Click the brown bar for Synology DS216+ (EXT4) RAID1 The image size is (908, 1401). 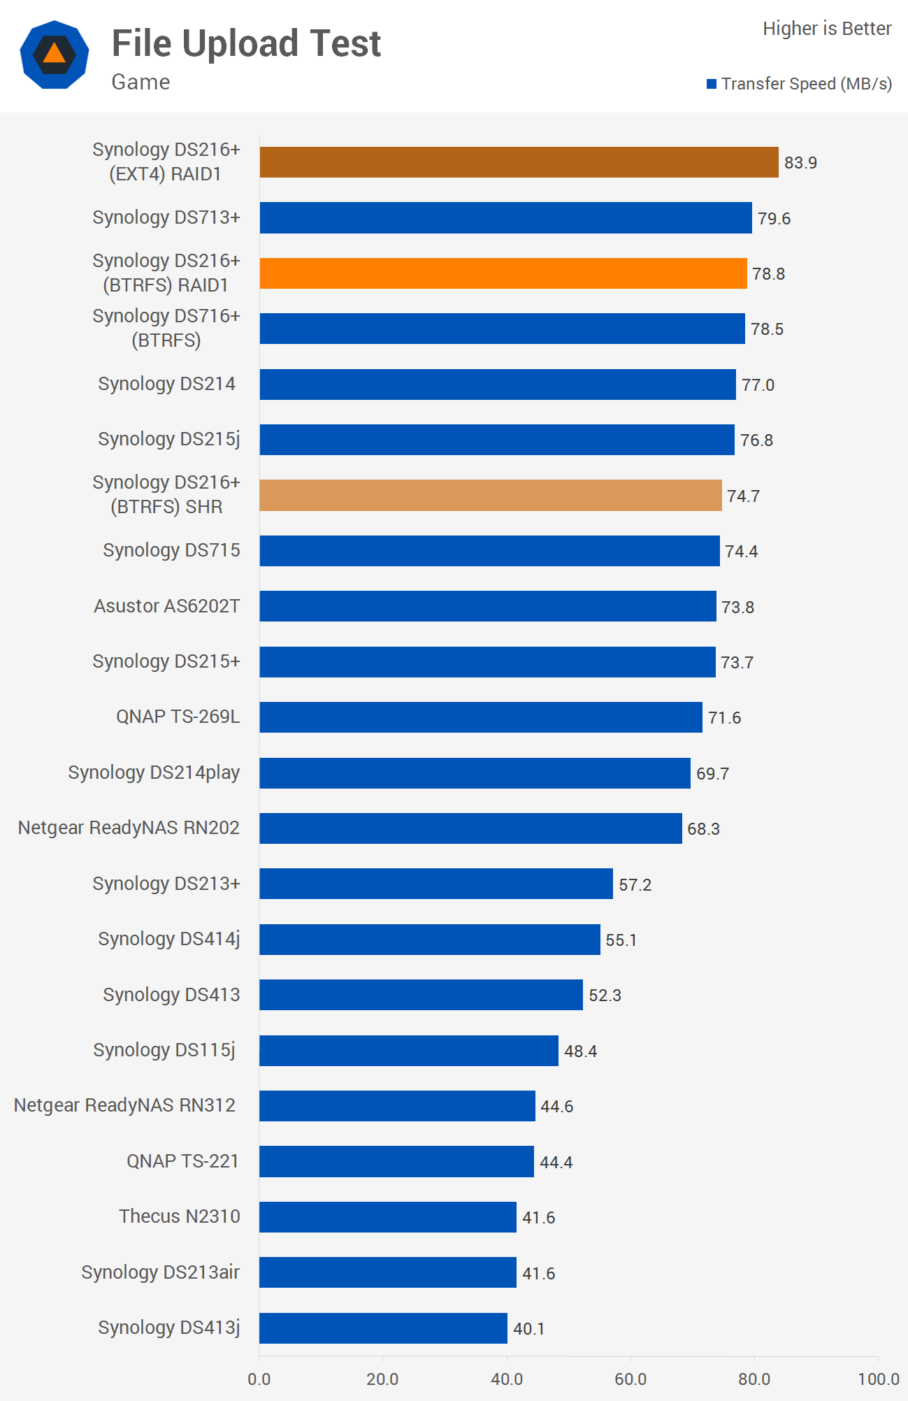[x=519, y=162]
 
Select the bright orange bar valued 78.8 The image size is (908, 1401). [x=503, y=273]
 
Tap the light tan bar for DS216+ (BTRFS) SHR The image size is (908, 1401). [x=490, y=496]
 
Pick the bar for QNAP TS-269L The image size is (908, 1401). [x=481, y=717]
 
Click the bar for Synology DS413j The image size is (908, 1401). [x=383, y=1328]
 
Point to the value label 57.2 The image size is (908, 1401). [x=635, y=885]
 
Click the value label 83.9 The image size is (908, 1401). [x=800, y=163]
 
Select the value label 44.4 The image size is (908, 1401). [x=556, y=1163]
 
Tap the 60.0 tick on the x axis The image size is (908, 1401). [x=630, y=1379]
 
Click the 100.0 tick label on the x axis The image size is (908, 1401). [x=878, y=1379]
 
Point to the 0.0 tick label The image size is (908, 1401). [x=259, y=1379]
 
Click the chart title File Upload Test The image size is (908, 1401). [x=246, y=43]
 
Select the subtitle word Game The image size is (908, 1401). [x=140, y=82]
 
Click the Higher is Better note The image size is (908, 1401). [x=827, y=29]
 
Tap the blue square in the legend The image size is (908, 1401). [x=712, y=84]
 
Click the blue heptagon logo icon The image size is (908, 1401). [x=55, y=55]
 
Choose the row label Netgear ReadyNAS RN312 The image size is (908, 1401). [x=124, y=1105]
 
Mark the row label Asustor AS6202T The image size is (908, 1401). [x=166, y=606]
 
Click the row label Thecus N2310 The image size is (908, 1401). [x=179, y=1216]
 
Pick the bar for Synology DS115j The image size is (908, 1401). [x=409, y=1051]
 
